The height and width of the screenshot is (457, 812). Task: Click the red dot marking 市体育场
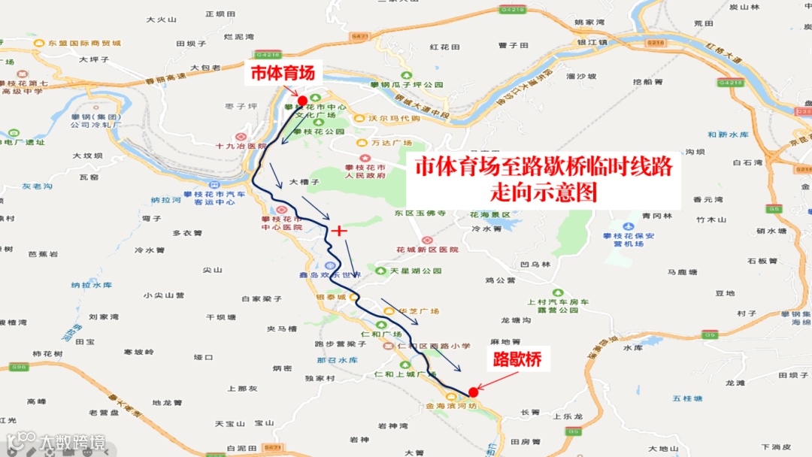(x=302, y=101)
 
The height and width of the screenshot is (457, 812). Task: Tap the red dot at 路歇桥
(x=473, y=392)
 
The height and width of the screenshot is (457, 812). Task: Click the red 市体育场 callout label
(x=286, y=74)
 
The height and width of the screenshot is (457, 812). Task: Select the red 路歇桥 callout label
(x=517, y=360)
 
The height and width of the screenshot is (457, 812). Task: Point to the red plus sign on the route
(x=339, y=230)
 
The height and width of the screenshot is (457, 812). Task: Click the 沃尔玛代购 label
(x=394, y=119)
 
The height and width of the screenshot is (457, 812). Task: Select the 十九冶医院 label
(x=241, y=147)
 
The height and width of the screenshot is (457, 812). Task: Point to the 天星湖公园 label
(x=416, y=271)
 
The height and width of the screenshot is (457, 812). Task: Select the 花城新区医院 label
(x=426, y=250)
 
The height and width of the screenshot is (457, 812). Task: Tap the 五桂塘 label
(x=687, y=398)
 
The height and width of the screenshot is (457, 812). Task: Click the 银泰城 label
(x=330, y=298)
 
